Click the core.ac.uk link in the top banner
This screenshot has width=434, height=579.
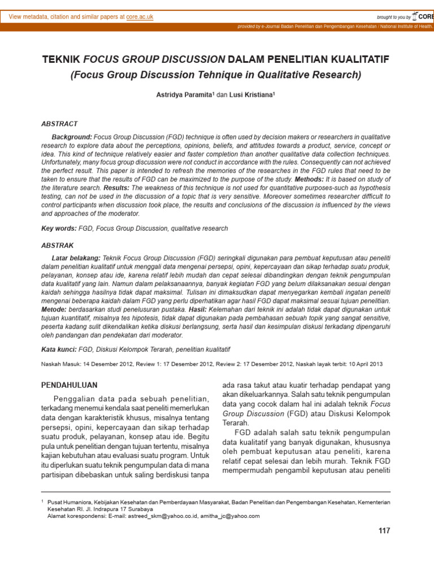click(x=140, y=17)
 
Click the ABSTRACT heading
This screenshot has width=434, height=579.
click(x=60, y=123)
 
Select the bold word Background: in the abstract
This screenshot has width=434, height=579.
click(x=72, y=137)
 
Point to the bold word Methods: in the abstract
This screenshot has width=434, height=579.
click(x=309, y=178)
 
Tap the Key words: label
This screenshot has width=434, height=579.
click(x=59, y=228)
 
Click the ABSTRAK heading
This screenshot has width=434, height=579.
click(x=58, y=246)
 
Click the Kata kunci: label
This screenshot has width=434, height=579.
click(x=60, y=349)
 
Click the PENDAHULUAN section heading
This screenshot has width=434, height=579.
click(x=70, y=385)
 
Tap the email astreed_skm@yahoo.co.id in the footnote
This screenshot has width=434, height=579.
click(x=159, y=516)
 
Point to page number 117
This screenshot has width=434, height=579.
click(x=384, y=531)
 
